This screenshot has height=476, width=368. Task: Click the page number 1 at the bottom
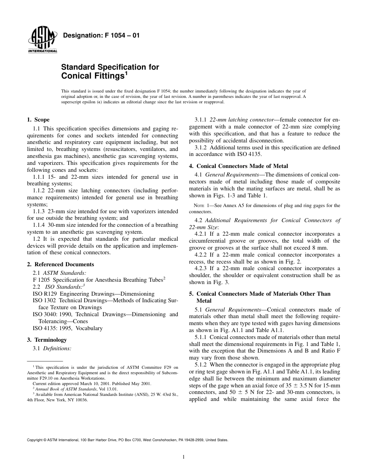point(184,457)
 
